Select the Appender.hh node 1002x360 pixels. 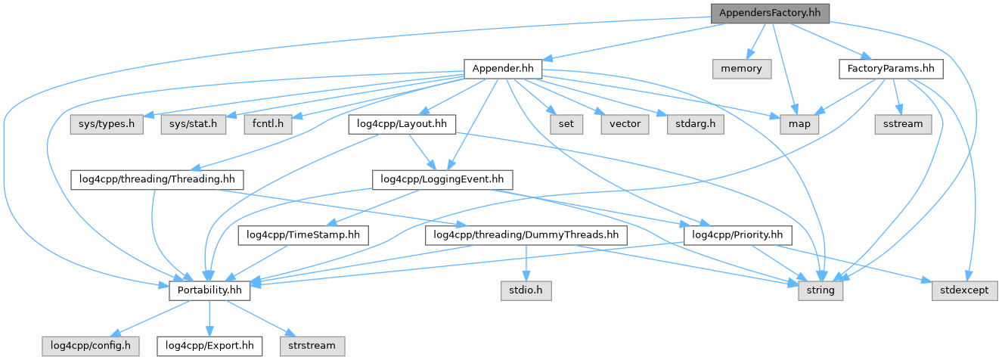pyautogui.click(x=503, y=69)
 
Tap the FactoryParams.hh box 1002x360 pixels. pyautogui.click(x=891, y=69)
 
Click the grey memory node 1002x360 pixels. pyautogui.click(x=742, y=69)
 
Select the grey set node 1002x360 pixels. pyautogui.click(x=565, y=123)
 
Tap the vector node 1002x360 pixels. pyautogui.click(x=624, y=123)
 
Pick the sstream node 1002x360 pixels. pyautogui.click(x=903, y=123)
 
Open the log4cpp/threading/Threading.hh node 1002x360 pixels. pyautogui.click(x=158, y=179)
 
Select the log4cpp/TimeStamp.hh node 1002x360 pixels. pyautogui.click(x=303, y=235)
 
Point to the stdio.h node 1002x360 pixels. pyautogui.click(x=525, y=290)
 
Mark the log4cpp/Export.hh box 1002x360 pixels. pyautogui.click(x=209, y=346)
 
